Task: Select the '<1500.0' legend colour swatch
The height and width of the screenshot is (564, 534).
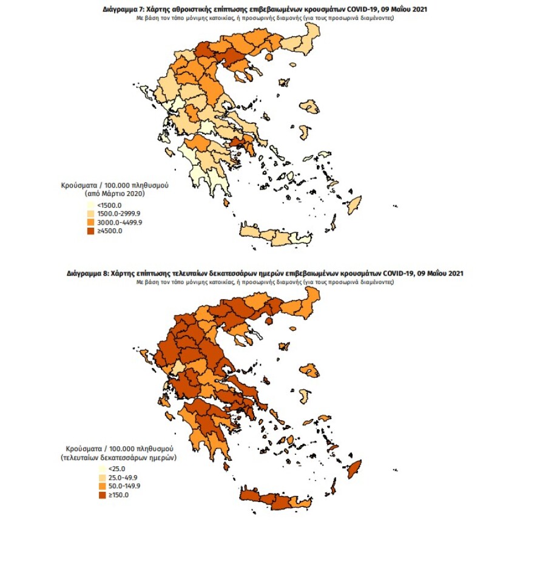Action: point(90,205)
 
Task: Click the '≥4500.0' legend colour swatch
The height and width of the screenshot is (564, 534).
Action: point(90,231)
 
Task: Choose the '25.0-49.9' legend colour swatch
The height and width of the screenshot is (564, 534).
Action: point(101,478)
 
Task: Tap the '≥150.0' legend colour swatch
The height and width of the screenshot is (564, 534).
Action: point(101,495)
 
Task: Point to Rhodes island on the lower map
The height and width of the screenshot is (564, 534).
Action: point(354,467)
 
